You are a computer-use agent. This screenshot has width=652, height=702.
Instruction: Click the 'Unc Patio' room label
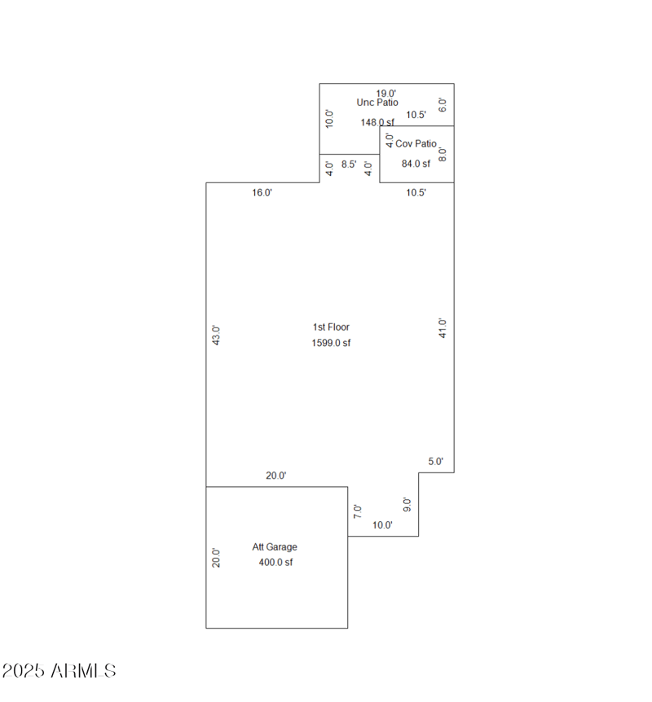click(x=377, y=103)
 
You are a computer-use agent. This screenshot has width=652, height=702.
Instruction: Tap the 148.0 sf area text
click(x=377, y=122)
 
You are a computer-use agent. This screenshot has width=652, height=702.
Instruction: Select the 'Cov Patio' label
click(x=416, y=143)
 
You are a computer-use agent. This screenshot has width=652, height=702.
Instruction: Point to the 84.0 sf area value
click(x=416, y=163)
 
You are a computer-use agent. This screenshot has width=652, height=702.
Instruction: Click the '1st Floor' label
click(x=331, y=327)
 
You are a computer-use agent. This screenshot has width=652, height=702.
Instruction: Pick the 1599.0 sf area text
click(x=331, y=343)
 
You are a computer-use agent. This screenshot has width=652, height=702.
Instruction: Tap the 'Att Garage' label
click(x=275, y=546)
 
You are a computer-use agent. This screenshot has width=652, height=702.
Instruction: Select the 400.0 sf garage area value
click(x=275, y=562)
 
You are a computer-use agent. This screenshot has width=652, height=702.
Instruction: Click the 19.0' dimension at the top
click(x=386, y=93)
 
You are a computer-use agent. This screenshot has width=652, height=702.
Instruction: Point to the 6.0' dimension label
click(x=443, y=104)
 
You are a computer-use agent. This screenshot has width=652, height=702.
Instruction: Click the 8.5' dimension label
click(x=349, y=164)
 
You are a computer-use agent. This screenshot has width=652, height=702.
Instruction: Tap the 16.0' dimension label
click(x=262, y=193)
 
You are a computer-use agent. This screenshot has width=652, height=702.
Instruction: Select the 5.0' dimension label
click(x=436, y=461)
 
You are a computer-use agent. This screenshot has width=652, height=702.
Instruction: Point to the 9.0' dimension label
click(x=407, y=504)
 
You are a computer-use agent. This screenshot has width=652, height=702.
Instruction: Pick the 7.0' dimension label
click(x=357, y=511)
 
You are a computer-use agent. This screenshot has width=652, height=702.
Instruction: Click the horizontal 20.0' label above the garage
click(x=276, y=476)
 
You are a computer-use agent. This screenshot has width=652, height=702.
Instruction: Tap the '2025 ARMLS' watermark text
click(x=59, y=671)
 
